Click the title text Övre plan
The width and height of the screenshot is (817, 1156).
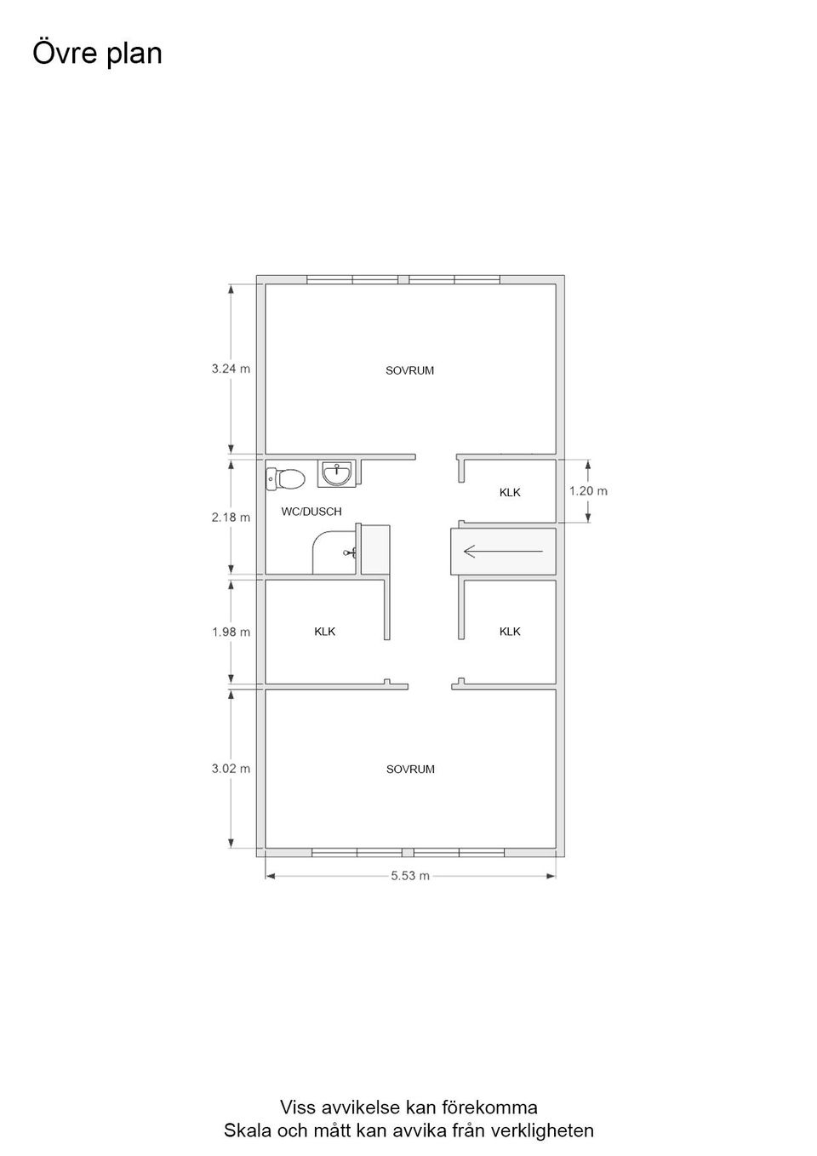click(x=98, y=54)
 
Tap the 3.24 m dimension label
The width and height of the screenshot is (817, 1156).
click(x=231, y=369)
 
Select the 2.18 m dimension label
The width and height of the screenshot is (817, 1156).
click(x=231, y=517)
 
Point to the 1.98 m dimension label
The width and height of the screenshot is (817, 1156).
click(x=231, y=632)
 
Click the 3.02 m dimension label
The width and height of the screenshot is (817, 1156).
click(x=231, y=769)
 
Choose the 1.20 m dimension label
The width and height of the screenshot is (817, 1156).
click(x=588, y=491)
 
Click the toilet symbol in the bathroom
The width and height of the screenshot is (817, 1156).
click(x=285, y=478)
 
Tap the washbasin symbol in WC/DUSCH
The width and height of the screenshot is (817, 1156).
click(x=337, y=473)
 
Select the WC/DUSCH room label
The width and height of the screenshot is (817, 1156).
click(x=311, y=512)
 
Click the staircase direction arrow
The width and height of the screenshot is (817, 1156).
click(x=503, y=552)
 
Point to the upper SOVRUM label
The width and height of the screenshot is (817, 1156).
click(x=409, y=370)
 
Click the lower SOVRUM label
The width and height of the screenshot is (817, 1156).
click(x=410, y=769)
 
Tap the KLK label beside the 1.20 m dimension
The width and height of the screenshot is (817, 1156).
click(x=510, y=492)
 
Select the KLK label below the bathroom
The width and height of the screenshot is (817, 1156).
click(x=325, y=631)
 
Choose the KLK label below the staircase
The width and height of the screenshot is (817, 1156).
click(x=510, y=631)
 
